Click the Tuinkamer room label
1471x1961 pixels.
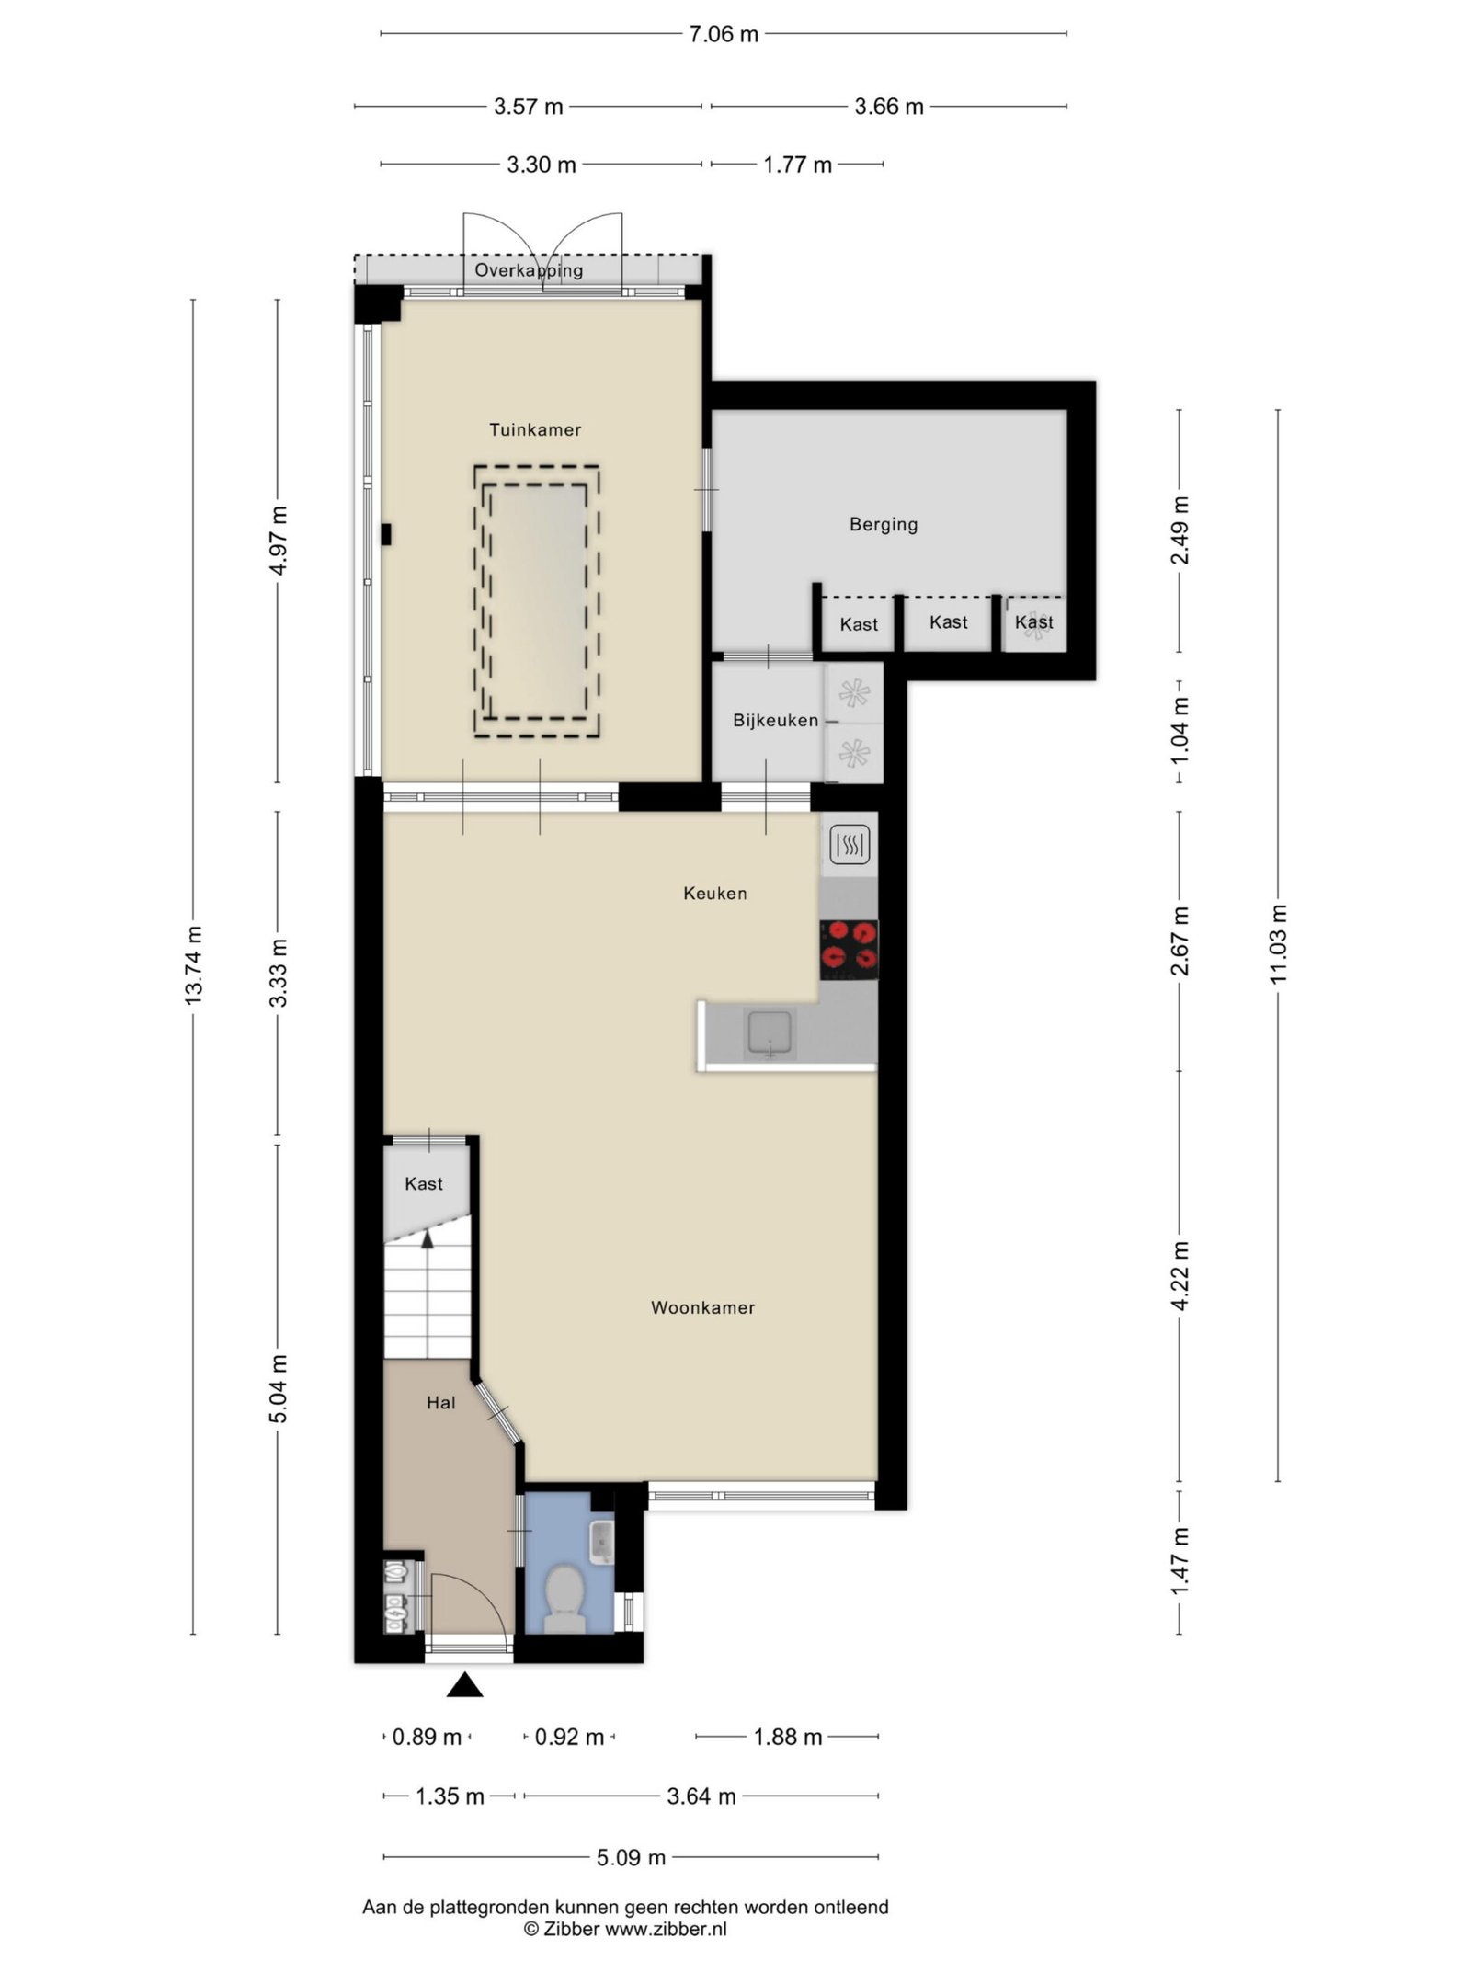tap(534, 429)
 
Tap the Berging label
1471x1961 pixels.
tap(883, 524)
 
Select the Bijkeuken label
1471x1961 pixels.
tap(775, 720)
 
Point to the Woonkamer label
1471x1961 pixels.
tap(702, 1307)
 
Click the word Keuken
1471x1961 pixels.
tap(714, 893)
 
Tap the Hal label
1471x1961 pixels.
tap(440, 1402)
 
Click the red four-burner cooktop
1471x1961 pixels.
tap(849, 949)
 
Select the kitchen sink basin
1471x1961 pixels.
tap(770, 1033)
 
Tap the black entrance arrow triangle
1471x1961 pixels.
tap(465, 1685)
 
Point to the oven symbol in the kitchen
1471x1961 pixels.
tap(850, 844)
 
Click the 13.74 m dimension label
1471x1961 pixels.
tap(193, 964)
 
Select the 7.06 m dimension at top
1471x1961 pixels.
tap(724, 34)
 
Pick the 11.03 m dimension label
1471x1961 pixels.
tap(1278, 944)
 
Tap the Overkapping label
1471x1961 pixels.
tap(529, 270)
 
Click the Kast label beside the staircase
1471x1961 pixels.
tap(424, 1183)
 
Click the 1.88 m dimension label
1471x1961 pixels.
tap(788, 1737)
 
